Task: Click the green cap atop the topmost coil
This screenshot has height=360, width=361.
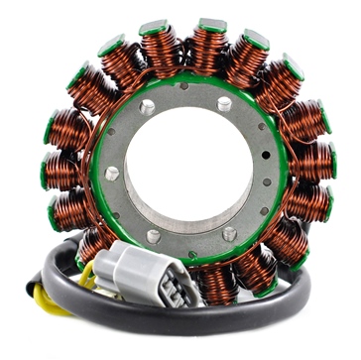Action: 211,24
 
